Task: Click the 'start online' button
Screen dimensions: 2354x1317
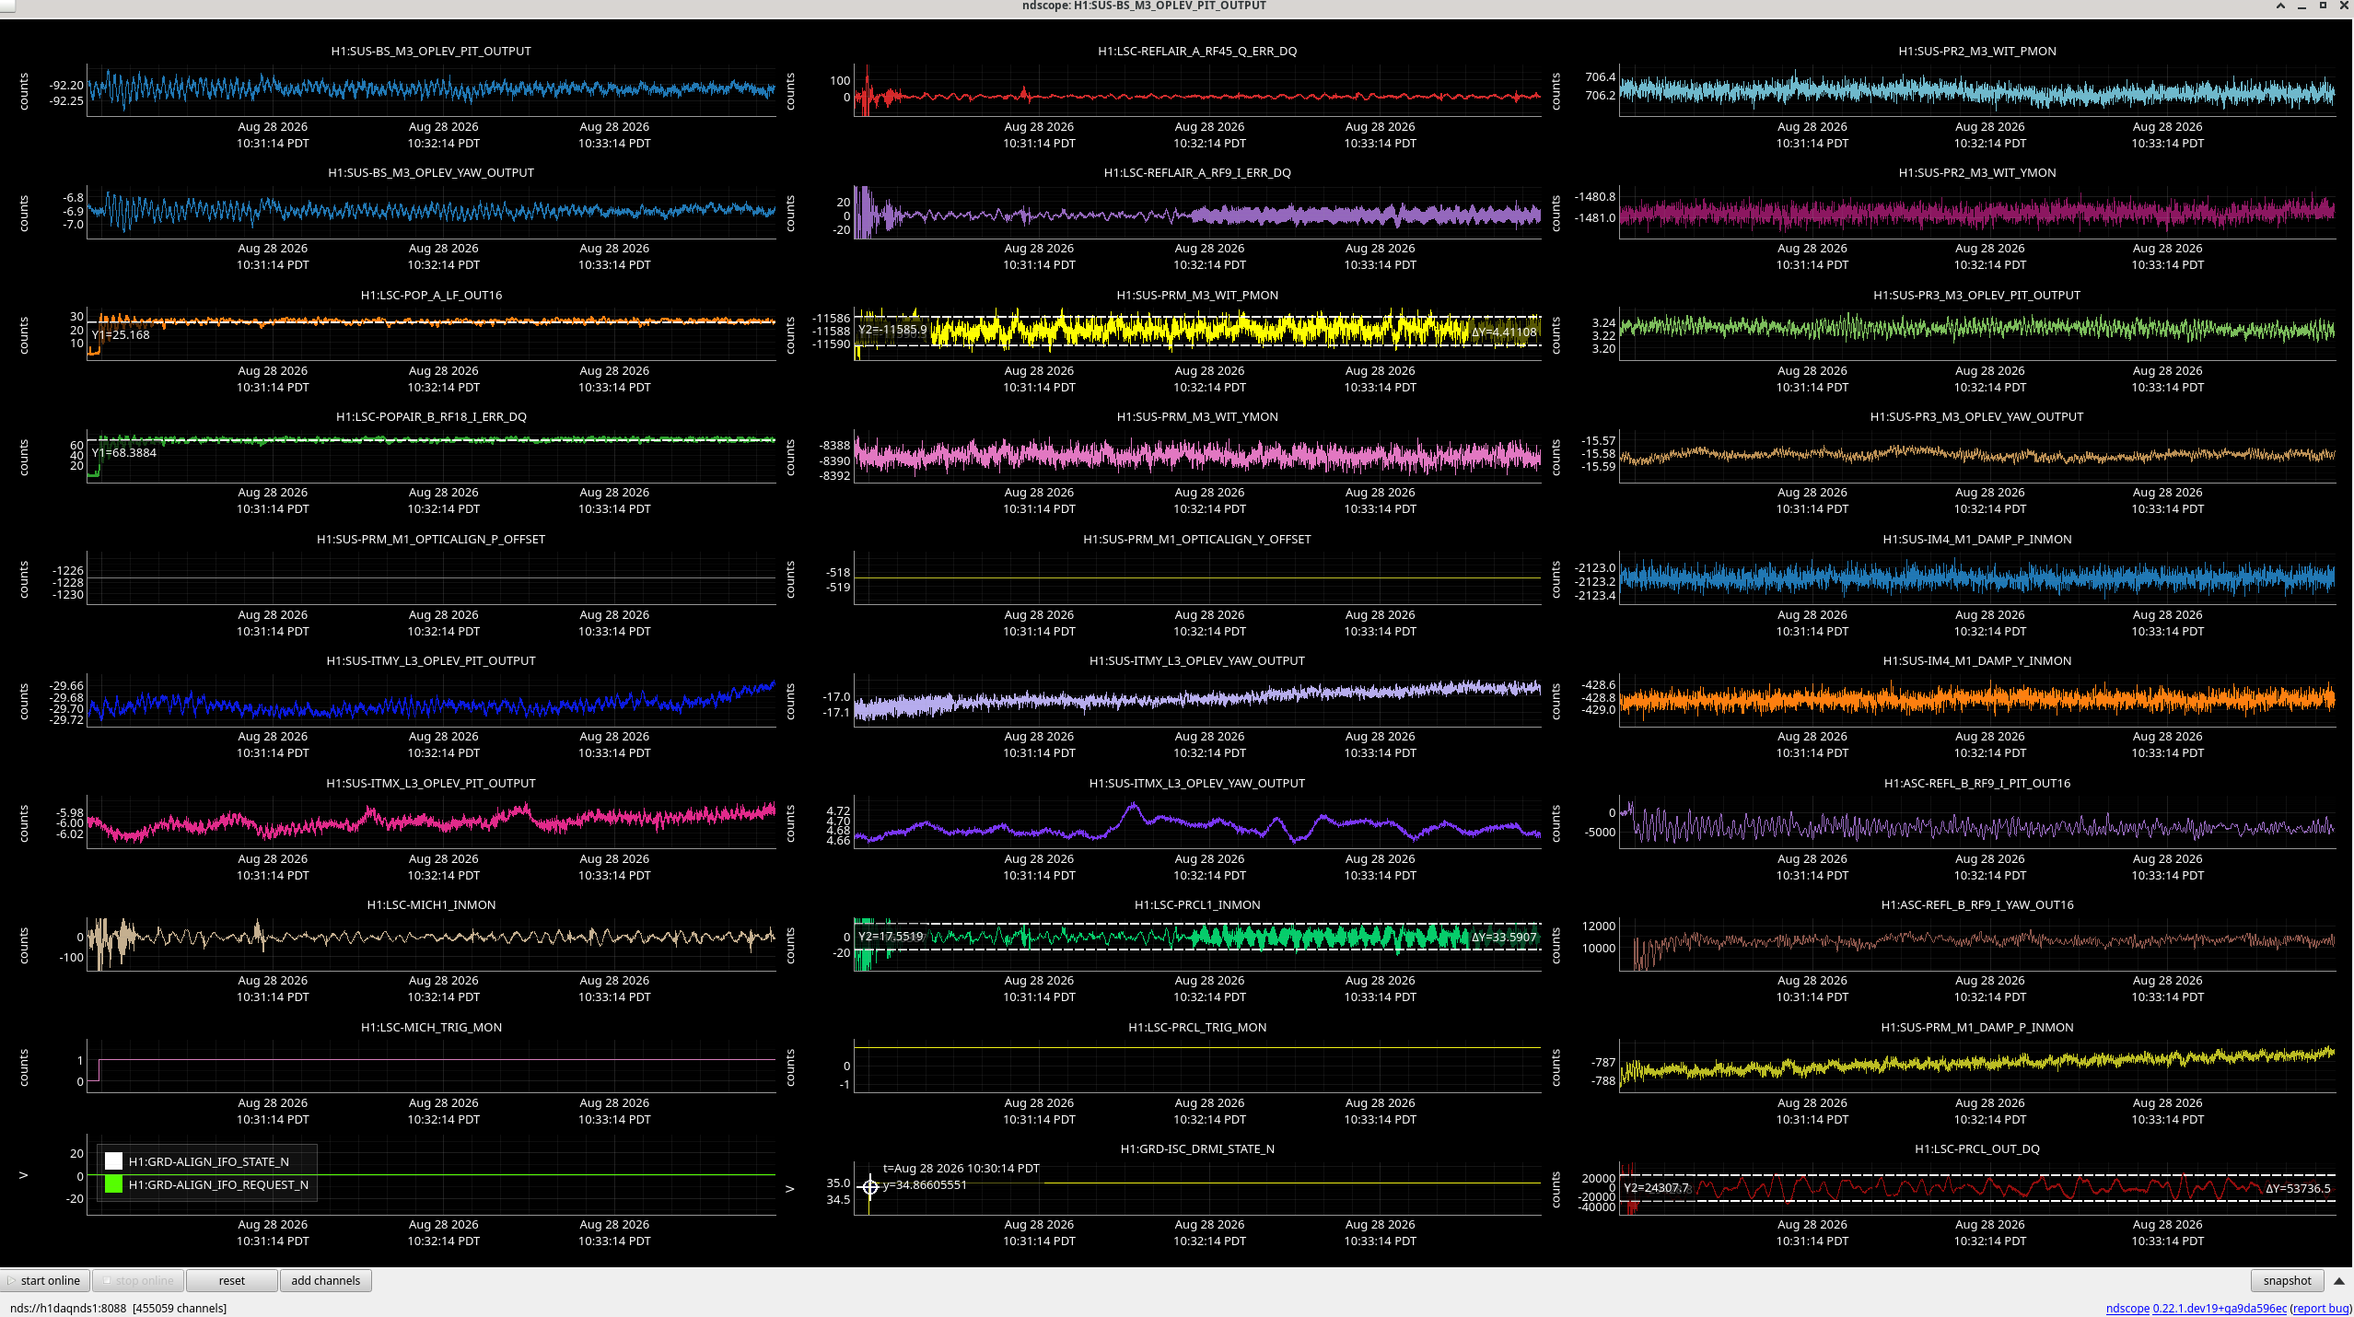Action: [x=45, y=1280]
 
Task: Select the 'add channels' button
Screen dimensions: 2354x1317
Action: [x=325, y=1280]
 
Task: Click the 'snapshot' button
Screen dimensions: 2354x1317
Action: [x=2287, y=1280]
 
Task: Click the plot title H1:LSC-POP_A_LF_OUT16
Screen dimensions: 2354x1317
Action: [x=431, y=295]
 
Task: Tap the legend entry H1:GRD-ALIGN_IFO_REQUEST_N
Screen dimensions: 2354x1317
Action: [x=218, y=1184]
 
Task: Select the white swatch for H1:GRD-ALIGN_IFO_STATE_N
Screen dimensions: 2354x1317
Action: [x=113, y=1161]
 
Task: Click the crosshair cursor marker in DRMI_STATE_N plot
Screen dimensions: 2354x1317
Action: [x=869, y=1186]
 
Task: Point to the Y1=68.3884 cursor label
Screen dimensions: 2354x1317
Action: [x=124, y=452]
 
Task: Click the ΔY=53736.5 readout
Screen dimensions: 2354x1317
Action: [x=2298, y=1188]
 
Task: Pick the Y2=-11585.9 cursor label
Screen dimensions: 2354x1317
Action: [x=892, y=329]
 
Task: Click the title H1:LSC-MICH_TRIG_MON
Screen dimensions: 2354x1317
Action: [x=431, y=1027]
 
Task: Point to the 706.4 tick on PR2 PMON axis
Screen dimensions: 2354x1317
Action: [x=1600, y=76]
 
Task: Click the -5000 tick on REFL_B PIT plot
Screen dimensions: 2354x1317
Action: [x=1599, y=832]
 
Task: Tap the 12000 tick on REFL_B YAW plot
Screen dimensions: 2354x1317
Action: [x=1599, y=926]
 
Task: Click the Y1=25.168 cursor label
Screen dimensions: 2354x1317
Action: [x=121, y=334]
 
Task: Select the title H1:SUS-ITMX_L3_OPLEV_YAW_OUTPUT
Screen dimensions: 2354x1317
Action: [x=1197, y=783]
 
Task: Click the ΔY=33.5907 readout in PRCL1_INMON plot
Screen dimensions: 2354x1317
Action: [x=1504, y=937]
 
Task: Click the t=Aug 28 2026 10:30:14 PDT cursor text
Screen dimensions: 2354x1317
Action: [x=961, y=1168]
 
